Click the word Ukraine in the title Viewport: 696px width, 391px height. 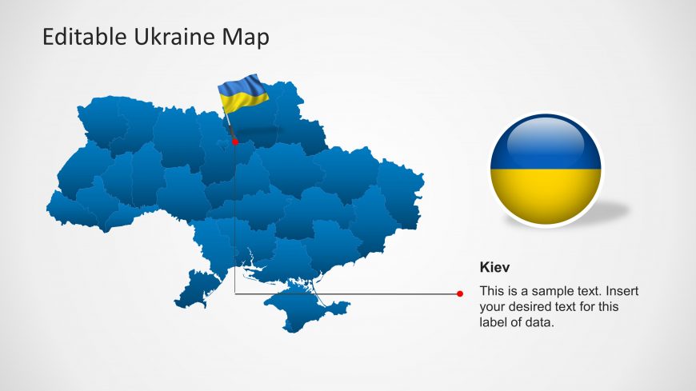[x=174, y=37]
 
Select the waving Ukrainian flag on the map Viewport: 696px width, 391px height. [x=242, y=94]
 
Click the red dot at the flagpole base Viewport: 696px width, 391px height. [x=235, y=142]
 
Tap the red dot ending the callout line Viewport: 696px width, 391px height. [x=460, y=293]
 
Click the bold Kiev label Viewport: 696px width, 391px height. [x=494, y=267]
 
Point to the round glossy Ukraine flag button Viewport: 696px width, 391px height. [x=546, y=169]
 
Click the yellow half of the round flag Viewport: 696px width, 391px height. [x=546, y=196]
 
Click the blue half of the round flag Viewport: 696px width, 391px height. [x=546, y=142]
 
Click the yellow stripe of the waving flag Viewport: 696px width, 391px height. [x=243, y=102]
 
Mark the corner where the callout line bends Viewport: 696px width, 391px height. [x=235, y=293]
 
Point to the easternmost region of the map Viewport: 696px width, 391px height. [x=402, y=195]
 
